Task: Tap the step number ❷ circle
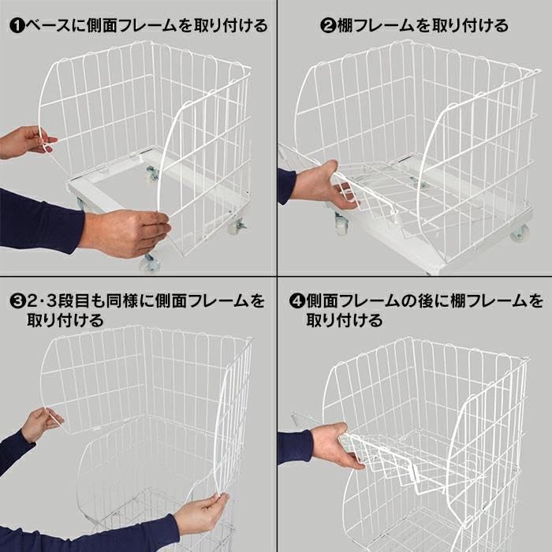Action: pos(328,25)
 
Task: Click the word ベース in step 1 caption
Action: pos(48,25)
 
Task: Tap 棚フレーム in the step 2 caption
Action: pos(377,25)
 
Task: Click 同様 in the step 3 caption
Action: pos(127,300)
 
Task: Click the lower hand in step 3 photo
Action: pos(197,513)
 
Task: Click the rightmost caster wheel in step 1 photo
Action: pos(237,226)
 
